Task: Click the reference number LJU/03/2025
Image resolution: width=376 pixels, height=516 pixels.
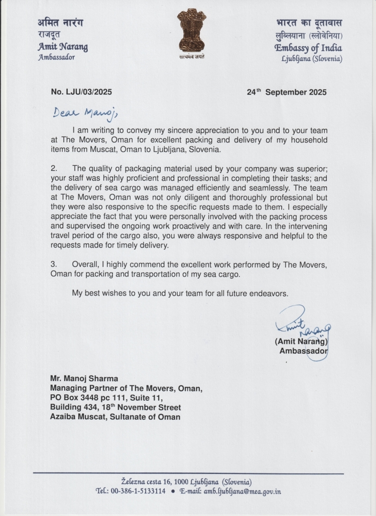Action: coord(81,92)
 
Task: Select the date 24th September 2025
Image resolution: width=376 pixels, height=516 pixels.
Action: coord(287,92)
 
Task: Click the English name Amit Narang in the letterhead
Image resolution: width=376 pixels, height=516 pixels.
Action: coord(63,47)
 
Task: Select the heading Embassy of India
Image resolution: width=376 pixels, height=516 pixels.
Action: coord(308,48)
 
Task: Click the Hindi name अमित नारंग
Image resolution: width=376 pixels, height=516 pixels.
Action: coord(60,23)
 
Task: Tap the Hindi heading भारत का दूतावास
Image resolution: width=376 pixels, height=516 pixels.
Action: coord(309,23)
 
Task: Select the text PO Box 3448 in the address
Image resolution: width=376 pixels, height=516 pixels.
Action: coord(74,398)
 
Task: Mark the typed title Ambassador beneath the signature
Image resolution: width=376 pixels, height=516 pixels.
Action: coord(303,351)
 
